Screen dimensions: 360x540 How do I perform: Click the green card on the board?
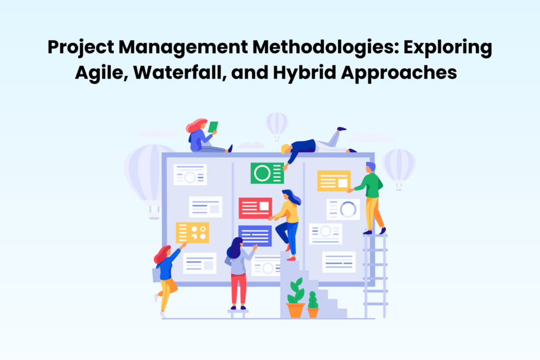pos(267,173)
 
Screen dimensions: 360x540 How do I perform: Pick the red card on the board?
pos(255,208)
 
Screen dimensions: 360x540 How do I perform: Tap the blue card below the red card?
pos(255,235)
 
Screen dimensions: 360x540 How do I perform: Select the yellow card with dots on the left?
pos(192,232)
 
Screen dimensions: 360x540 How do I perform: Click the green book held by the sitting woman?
pos(213,127)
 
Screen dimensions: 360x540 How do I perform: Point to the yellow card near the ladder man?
pos(334,181)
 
